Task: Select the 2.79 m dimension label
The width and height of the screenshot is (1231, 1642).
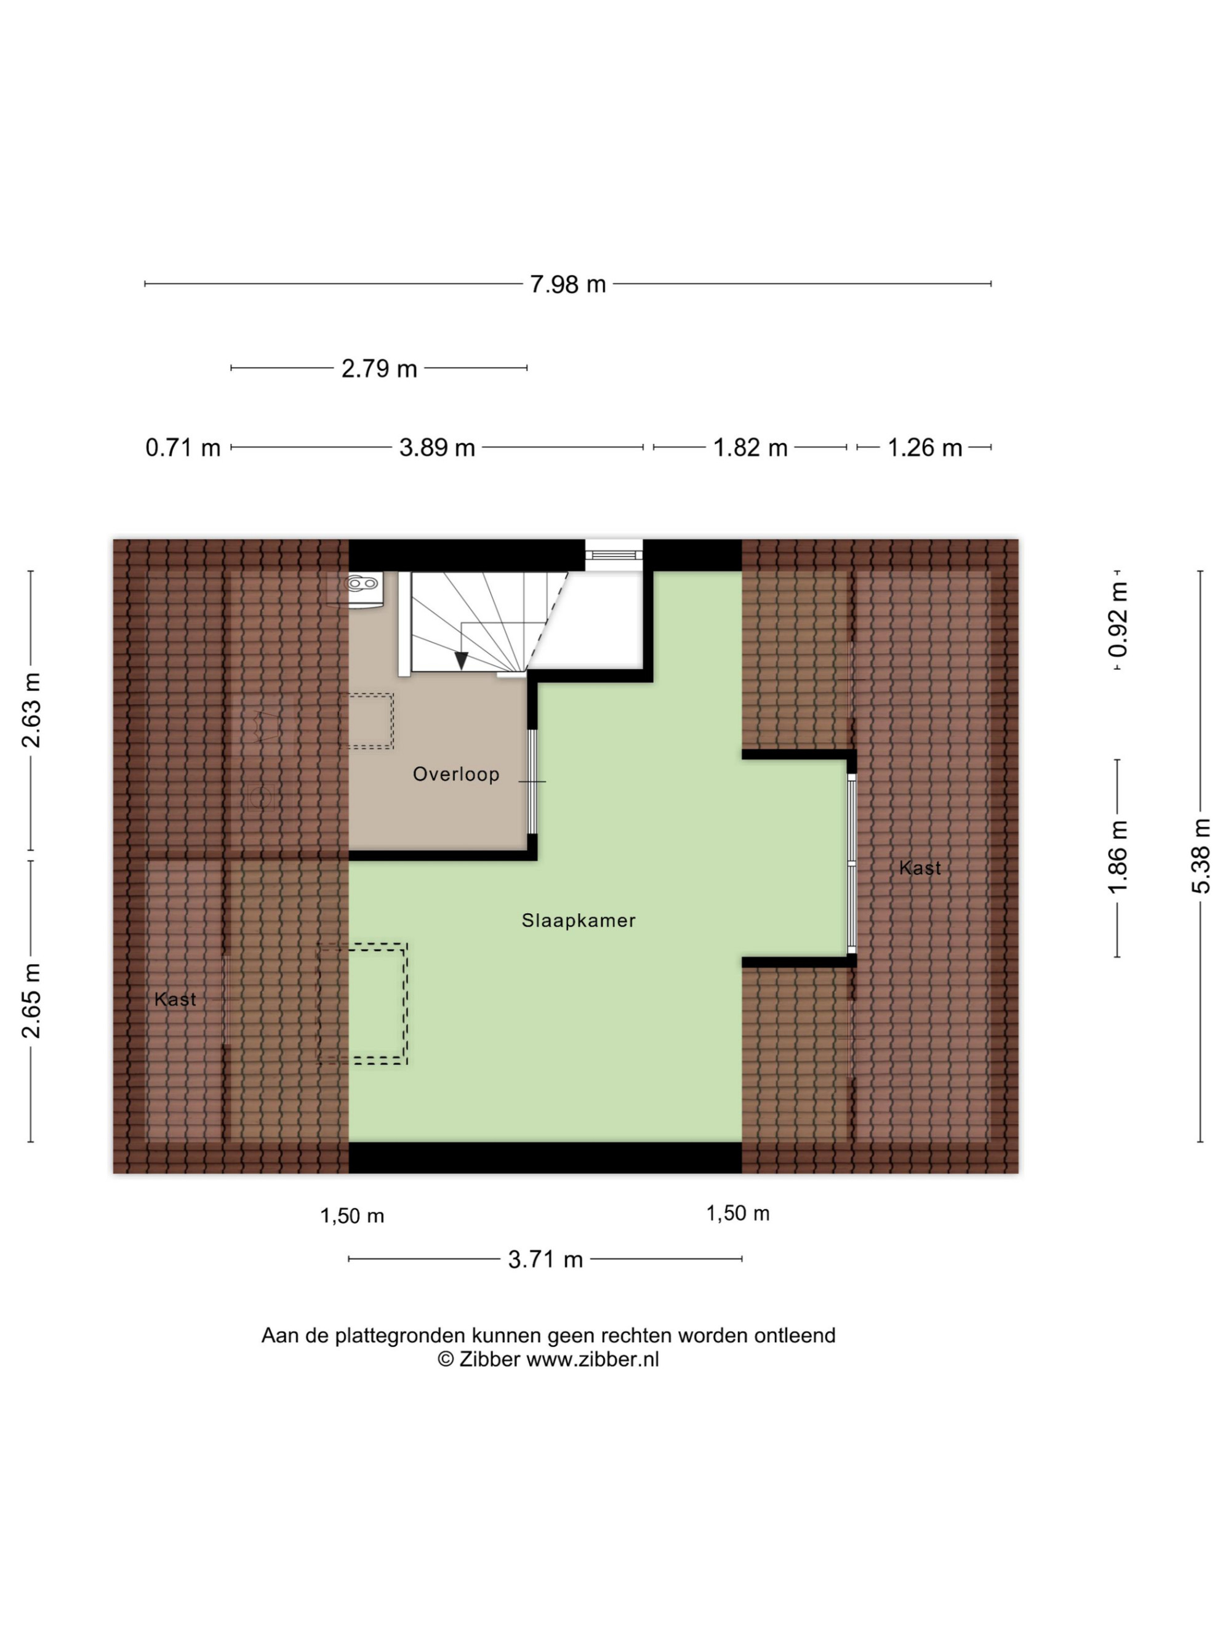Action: pyautogui.click(x=379, y=368)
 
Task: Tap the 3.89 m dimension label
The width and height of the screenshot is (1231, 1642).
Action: pyautogui.click(x=437, y=448)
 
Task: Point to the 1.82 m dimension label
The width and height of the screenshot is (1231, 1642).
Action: pyautogui.click(x=750, y=448)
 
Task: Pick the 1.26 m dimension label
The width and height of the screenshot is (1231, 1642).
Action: pyautogui.click(x=924, y=448)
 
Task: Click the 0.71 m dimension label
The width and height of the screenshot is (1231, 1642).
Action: pyautogui.click(x=183, y=448)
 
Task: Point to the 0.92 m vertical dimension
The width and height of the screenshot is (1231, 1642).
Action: pyautogui.click(x=1118, y=619)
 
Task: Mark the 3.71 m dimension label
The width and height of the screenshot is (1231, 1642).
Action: pyautogui.click(x=545, y=1260)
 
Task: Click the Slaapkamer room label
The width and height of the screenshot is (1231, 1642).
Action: pyautogui.click(x=579, y=920)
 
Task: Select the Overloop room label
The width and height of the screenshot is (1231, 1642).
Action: pyautogui.click(x=456, y=775)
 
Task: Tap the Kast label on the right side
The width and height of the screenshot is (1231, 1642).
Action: pyautogui.click(x=920, y=867)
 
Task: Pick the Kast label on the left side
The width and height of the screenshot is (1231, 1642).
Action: pyautogui.click(x=175, y=999)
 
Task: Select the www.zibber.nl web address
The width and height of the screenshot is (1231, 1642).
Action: pyautogui.click(x=592, y=1359)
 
